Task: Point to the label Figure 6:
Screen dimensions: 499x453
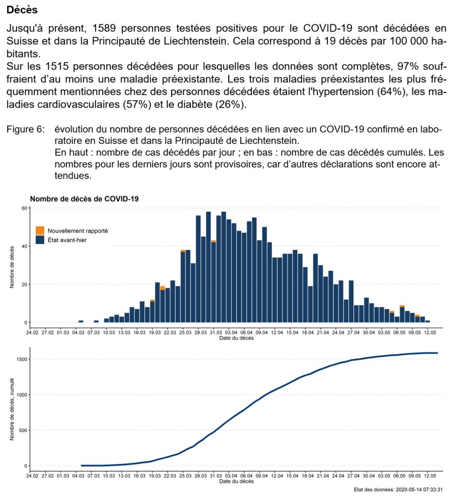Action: [x=25, y=128]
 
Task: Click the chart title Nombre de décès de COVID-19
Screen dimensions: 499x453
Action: [x=84, y=198]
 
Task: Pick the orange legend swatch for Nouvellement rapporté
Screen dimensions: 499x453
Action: [x=39, y=230]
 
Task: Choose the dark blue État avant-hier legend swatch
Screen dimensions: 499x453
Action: [x=39, y=239]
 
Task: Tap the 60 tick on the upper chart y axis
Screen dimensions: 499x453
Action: [x=23, y=208]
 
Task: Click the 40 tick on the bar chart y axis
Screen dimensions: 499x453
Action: [x=23, y=246]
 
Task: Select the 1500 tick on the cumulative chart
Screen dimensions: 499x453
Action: [x=21, y=359]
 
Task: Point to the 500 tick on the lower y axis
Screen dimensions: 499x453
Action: [x=23, y=430]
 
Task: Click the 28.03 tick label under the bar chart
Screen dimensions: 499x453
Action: [x=200, y=333]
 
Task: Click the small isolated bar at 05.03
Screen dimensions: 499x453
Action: [x=81, y=321]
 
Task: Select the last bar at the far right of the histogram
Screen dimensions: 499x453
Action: [x=428, y=321]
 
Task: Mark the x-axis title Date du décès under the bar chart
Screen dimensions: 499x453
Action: [x=236, y=339]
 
